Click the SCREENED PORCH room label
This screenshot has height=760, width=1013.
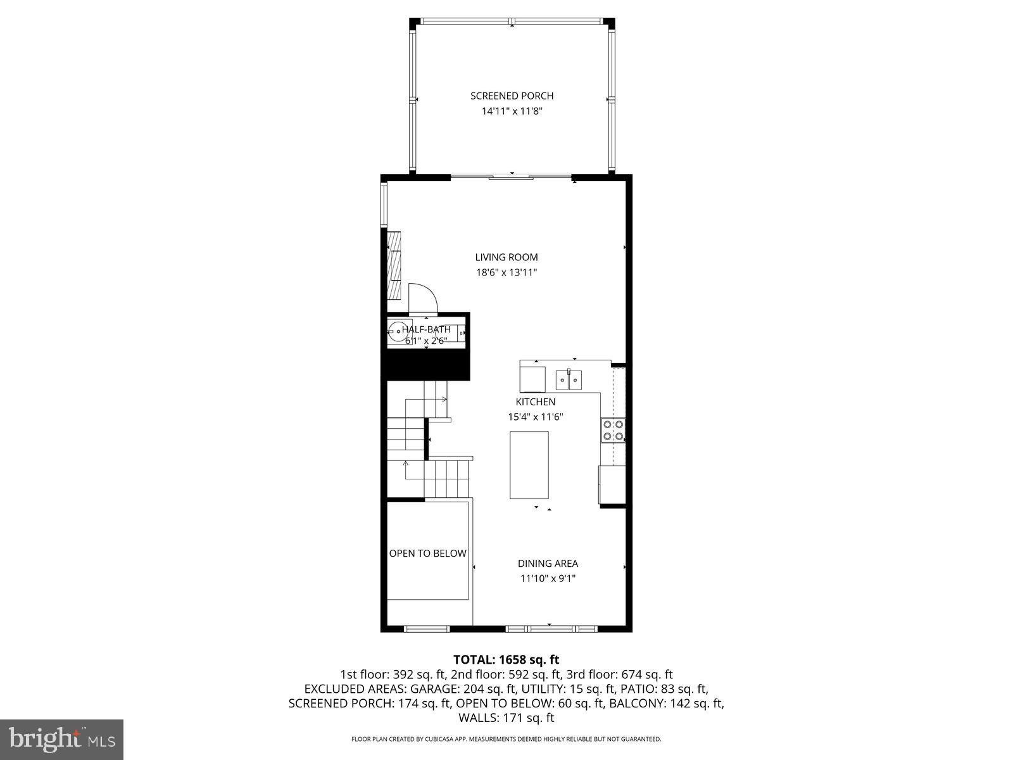pyautogui.click(x=512, y=96)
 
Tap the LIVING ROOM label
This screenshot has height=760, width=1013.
pyautogui.click(x=507, y=257)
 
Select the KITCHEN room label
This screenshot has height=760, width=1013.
pyautogui.click(x=536, y=402)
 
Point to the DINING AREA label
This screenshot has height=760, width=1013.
pyautogui.click(x=548, y=563)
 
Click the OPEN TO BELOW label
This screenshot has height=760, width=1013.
pyautogui.click(x=427, y=553)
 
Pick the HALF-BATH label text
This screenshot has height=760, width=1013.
pyautogui.click(x=426, y=329)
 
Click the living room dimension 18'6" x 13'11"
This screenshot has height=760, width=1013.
pyautogui.click(x=507, y=272)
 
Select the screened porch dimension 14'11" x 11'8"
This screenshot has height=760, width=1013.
pyautogui.click(x=512, y=111)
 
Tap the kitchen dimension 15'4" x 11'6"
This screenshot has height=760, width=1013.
pyautogui.click(x=536, y=417)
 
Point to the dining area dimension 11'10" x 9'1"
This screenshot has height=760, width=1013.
pyautogui.click(x=548, y=578)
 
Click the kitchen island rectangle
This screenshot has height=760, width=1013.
pyautogui.click(x=529, y=465)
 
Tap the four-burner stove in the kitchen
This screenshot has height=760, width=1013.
pyautogui.click(x=613, y=430)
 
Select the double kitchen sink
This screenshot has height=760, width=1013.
pyautogui.click(x=569, y=380)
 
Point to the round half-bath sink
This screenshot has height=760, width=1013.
pyautogui.click(x=397, y=330)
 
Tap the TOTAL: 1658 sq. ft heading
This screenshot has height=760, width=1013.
pyautogui.click(x=507, y=660)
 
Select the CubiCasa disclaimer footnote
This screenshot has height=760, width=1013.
pyautogui.click(x=507, y=739)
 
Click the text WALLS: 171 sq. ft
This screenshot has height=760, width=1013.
pyautogui.click(x=507, y=718)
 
